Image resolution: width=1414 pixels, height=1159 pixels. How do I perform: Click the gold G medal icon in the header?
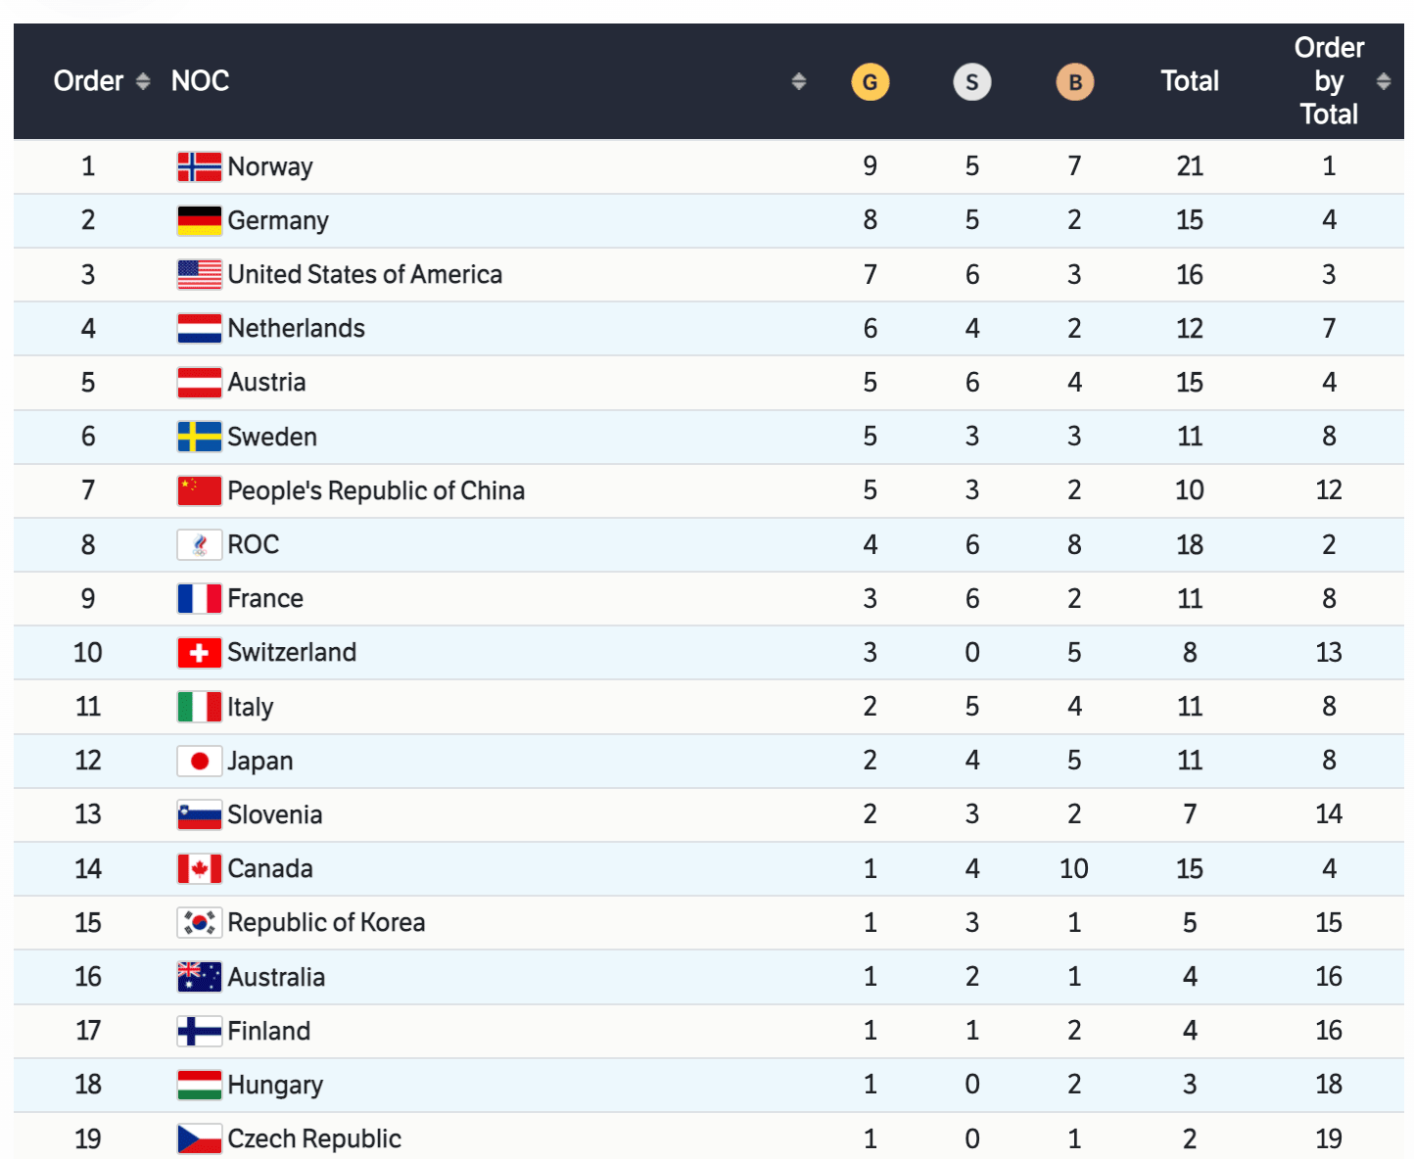click(x=870, y=82)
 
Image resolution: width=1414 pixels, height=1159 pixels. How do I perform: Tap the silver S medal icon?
click(x=971, y=82)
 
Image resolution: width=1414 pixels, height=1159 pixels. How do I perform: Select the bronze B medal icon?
click(x=1074, y=82)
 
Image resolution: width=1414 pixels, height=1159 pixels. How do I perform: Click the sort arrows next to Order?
click(x=143, y=81)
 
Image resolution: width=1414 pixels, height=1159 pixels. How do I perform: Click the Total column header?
click(x=1190, y=81)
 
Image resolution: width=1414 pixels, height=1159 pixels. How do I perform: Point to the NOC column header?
click(x=200, y=81)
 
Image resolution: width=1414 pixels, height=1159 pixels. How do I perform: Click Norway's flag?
click(x=199, y=166)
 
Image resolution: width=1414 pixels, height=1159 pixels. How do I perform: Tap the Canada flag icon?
click(x=199, y=868)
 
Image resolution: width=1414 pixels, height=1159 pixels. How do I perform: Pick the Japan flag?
click(x=199, y=761)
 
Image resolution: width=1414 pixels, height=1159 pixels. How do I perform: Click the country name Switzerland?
click(x=292, y=652)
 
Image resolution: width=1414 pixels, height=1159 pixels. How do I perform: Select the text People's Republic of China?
click(x=376, y=490)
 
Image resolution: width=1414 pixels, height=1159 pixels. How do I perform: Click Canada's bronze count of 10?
click(x=1073, y=868)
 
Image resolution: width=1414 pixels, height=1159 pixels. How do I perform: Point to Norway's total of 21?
click(x=1190, y=166)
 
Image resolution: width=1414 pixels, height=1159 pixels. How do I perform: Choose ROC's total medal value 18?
click(x=1190, y=544)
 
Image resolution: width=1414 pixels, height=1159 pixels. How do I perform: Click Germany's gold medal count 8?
click(x=870, y=220)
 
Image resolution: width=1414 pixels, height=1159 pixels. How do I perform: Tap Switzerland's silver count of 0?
click(x=971, y=652)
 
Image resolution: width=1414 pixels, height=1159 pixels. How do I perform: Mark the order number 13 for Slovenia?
click(x=88, y=814)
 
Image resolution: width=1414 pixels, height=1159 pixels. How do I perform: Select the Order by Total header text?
click(x=1329, y=81)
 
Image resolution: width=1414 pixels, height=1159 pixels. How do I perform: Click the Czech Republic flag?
click(x=199, y=1138)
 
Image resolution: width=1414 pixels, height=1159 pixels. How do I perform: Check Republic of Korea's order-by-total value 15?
click(x=1329, y=922)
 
